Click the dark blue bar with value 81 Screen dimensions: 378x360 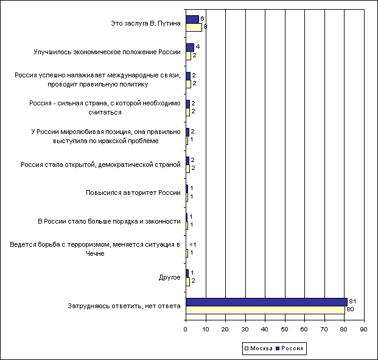pos(267,302)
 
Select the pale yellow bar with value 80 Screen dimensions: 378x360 pos(265,310)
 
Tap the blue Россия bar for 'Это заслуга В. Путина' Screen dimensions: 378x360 pos(192,19)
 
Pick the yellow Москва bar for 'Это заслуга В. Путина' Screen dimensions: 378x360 pos(194,27)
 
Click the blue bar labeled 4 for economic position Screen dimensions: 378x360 pos(190,48)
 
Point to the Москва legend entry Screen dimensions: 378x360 pos(259,348)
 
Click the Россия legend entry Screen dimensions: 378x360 pos(289,348)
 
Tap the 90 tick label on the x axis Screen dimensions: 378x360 pos(364,329)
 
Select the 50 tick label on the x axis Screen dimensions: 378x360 pos(285,329)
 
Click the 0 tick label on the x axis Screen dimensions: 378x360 pos(186,329)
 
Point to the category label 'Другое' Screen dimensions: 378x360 pos(169,278)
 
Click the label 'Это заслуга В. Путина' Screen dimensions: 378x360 pos(145,23)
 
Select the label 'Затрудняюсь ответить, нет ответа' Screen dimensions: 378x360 pos(124,306)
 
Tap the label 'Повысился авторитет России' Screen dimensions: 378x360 pos(133,192)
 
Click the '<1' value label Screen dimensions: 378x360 pos(192,245)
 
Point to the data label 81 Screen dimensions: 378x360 pos(352,301)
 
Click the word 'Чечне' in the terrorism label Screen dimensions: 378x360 pos(95,253)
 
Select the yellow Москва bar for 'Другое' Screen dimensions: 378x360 pos(188,282)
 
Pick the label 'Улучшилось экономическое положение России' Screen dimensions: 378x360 pos(107,52)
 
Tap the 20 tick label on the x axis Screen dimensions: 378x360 pos(225,329)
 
